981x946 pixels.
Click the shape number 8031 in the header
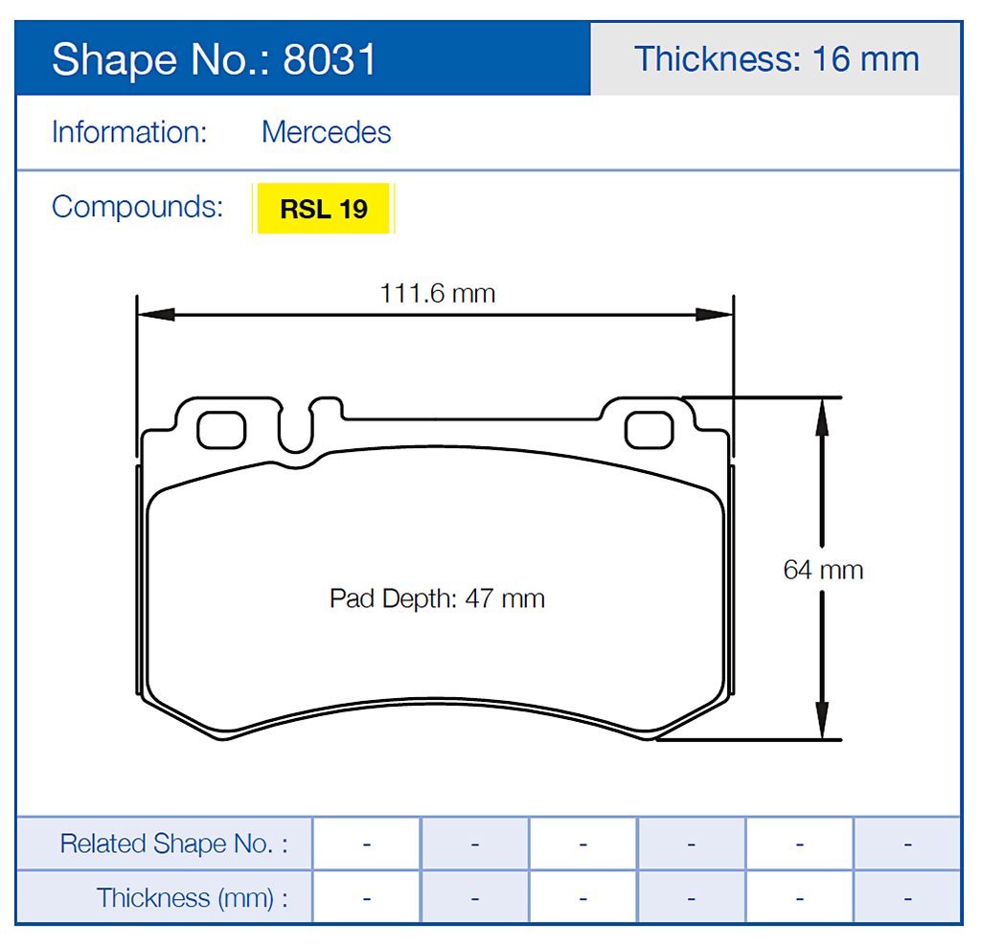point(330,59)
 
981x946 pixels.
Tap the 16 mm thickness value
point(865,59)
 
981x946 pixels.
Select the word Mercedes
point(327,132)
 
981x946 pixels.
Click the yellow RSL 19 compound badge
point(324,209)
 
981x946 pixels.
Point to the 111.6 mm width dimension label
point(438,293)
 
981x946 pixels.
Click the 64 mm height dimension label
point(823,570)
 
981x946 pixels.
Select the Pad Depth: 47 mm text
point(437,599)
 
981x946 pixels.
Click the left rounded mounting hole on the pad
point(221,430)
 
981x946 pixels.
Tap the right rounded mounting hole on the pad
point(649,430)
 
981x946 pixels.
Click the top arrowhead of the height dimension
point(821,417)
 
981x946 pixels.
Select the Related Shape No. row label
point(173,844)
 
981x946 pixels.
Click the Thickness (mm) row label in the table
point(192,898)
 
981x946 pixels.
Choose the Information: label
point(129,132)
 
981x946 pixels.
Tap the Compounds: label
point(137,207)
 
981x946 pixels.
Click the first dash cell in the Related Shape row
point(367,844)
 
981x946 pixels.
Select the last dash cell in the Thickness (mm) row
point(906,898)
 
